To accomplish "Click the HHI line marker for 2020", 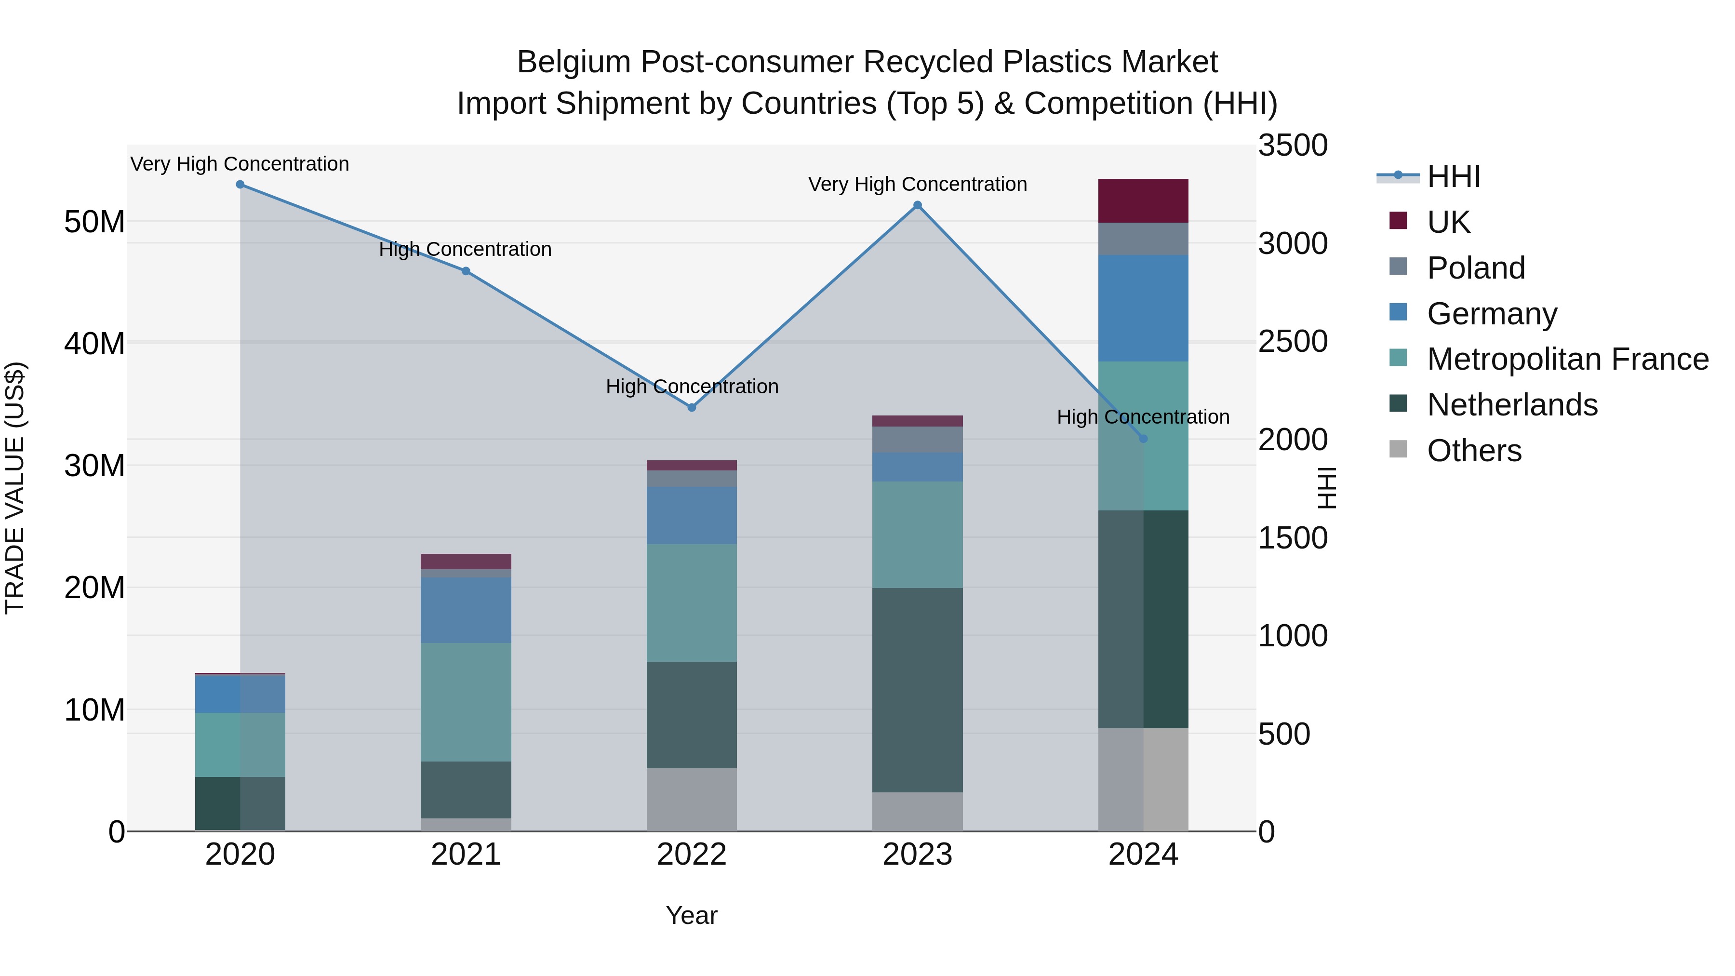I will tap(240, 185).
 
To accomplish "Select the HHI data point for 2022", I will tap(691, 407).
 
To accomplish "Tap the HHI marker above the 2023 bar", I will tap(917, 205).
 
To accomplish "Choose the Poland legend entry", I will tap(1475, 268).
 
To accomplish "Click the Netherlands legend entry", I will tap(1511, 405).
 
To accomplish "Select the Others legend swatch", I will tap(1398, 449).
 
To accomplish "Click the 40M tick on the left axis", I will tap(94, 344).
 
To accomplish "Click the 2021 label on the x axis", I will tap(466, 855).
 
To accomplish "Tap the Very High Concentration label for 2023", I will tap(917, 184).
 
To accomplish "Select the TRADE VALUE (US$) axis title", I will tap(15, 488).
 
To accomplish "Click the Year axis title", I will tap(691, 915).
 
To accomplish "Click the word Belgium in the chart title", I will tap(573, 62).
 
